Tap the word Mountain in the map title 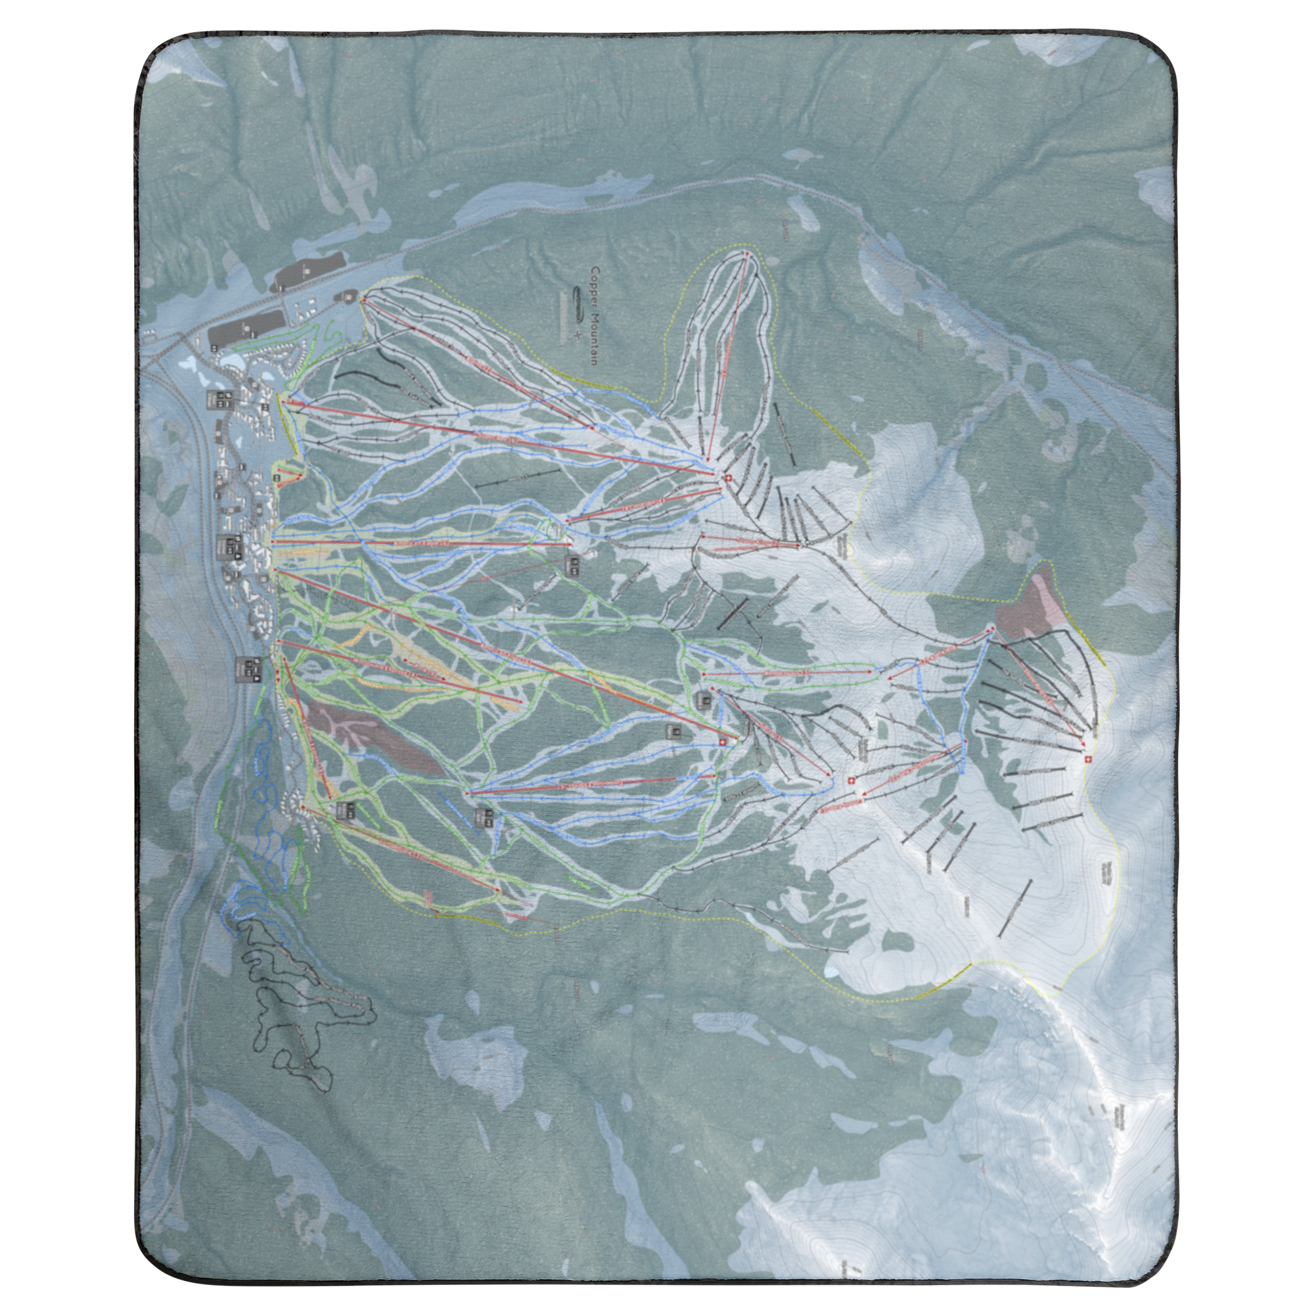(x=595, y=331)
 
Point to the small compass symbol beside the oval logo (x=579, y=335)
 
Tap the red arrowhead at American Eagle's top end (x=569, y=543)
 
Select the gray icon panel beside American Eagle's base (x=229, y=546)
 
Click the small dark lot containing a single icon (x=350, y=296)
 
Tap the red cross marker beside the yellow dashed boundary (x=1087, y=759)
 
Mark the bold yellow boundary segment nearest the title (x=833, y=423)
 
